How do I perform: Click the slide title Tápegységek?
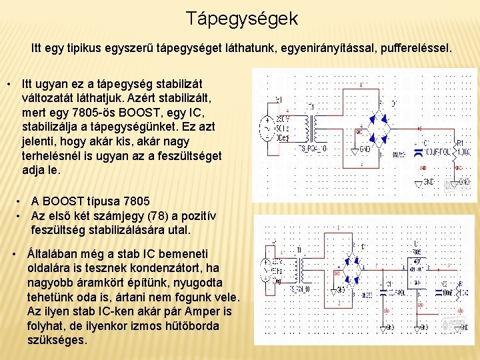tap(241, 18)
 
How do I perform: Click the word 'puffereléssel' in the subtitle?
tap(411, 49)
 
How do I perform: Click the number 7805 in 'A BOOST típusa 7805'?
tap(137, 201)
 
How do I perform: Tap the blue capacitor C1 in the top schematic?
tap(418, 151)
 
